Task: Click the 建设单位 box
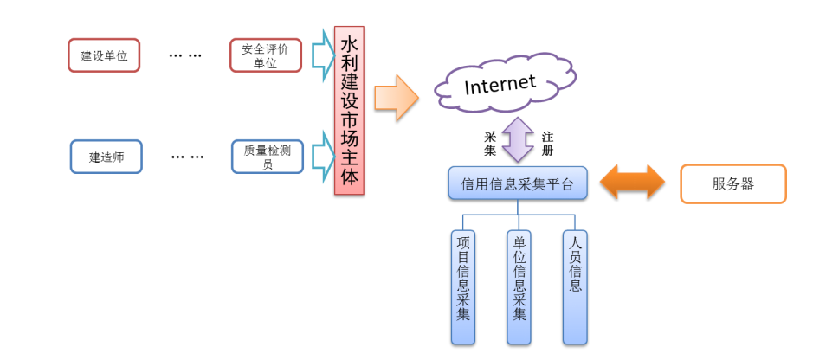pos(104,55)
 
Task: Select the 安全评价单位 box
pos(265,55)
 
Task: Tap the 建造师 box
pos(106,157)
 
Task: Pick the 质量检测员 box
pos(267,157)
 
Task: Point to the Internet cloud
pos(500,85)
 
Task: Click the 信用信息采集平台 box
pos(518,183)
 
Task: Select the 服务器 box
pos(732,183)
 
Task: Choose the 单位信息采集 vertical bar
pos(519,286)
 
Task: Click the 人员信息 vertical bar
pos(575,286)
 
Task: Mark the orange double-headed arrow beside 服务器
pos(633,183)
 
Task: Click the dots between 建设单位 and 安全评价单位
pos(184,55)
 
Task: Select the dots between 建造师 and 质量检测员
pos(187,157)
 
